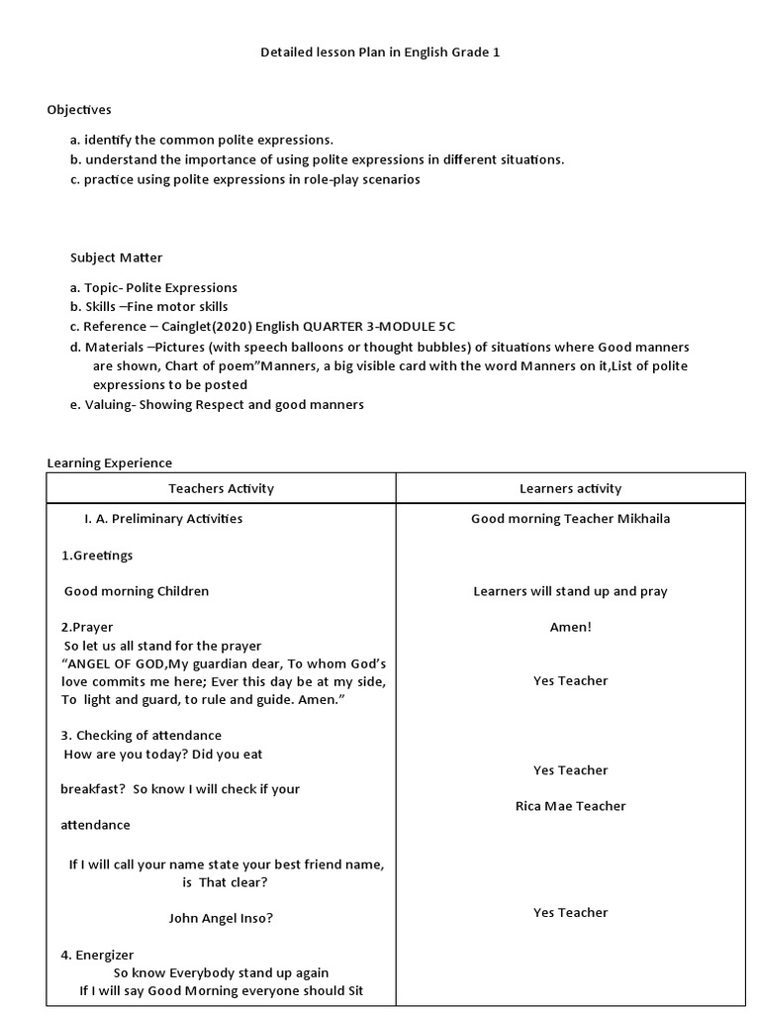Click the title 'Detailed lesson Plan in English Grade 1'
(380, 51)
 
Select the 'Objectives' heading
(79, 109)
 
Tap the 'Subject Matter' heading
(116, 257)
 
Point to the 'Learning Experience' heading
(110, 462)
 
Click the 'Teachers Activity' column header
(221, 488)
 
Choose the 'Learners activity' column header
(570, 488)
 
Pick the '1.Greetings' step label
(97, 556)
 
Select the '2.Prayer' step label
(87, 627)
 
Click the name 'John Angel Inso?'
(221, 918)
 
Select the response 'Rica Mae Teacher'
(570, 806)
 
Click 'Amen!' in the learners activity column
(570, 627)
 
